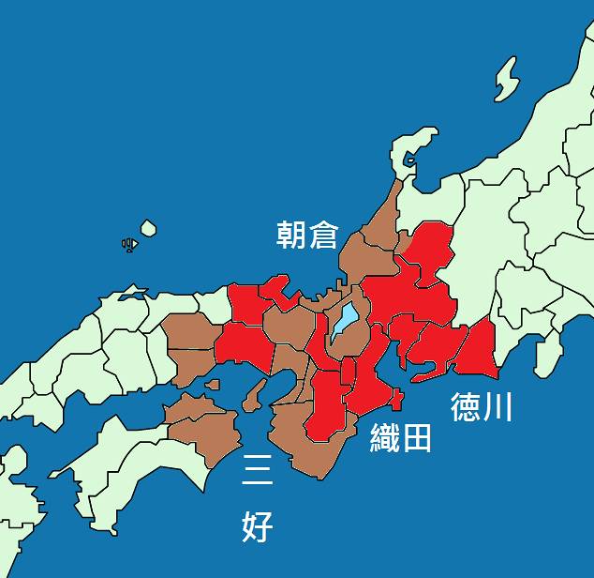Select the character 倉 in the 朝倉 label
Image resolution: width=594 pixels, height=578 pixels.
tap(322, 235)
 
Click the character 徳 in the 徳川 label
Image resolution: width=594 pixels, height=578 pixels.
tap(466, 406)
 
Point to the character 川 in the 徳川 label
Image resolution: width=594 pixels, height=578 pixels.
tap(497, 406)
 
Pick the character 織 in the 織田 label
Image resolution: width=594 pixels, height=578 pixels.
tap(385, 438)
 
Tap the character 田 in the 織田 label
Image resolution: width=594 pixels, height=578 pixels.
tap(417, 438)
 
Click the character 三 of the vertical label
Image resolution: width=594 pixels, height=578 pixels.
tap(257, 469)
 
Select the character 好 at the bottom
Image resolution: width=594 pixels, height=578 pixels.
tap(257, 526)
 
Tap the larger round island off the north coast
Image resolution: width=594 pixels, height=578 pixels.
tap(148, 228)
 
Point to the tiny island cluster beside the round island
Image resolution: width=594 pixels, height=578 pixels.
tap(129, 245)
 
